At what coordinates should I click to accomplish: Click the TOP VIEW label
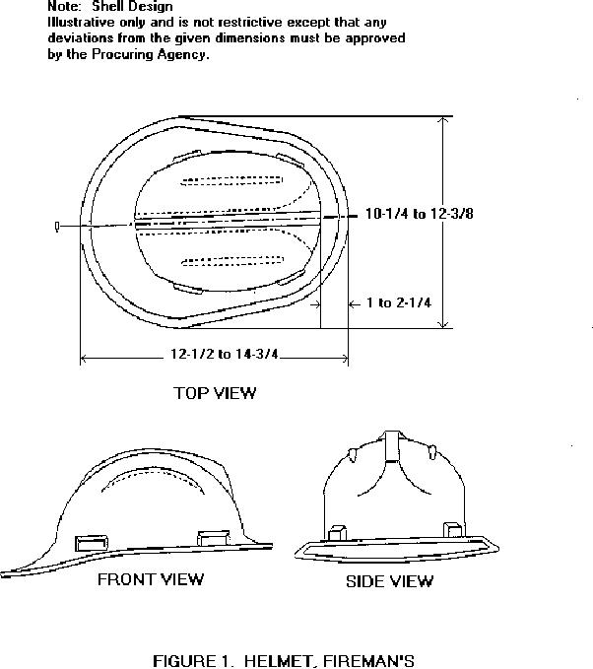(215, 393)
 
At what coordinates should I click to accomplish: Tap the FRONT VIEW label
(151, 579)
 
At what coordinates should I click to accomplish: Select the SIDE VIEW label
(389, 581)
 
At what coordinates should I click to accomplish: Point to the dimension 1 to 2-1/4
(399, 302)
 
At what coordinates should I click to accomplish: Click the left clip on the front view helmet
(92, 542)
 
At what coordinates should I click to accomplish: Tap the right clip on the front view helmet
(213, 538)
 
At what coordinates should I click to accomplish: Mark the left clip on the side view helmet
(337, 530)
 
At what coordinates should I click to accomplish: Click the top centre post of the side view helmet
(392, 443)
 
